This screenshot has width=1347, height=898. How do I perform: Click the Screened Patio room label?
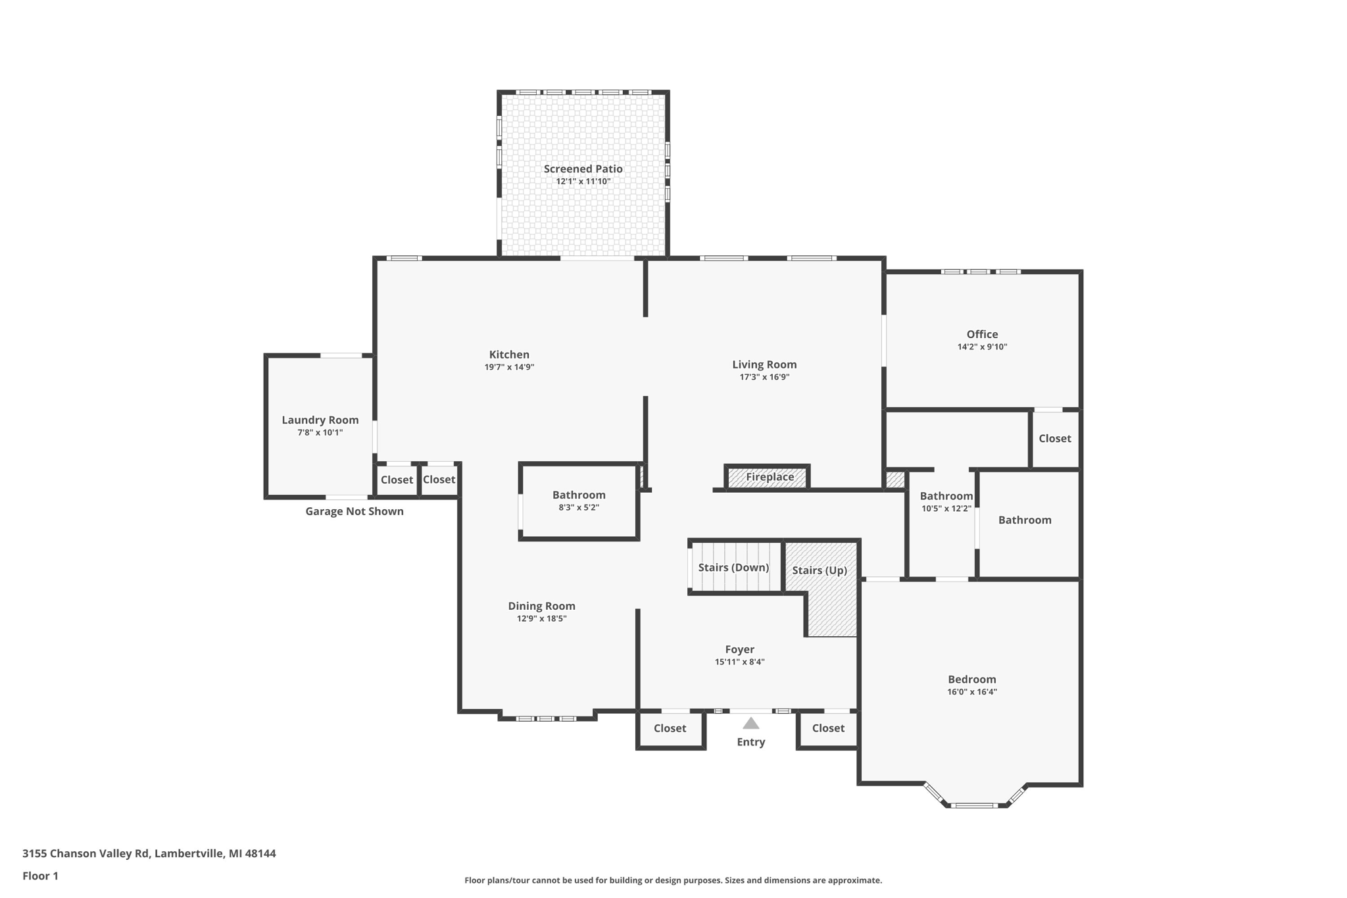click(x=583, y=169)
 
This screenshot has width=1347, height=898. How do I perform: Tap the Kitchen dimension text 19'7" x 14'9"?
click(x=509, y=367)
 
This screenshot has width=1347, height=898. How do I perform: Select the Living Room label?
click(x=764, y=364)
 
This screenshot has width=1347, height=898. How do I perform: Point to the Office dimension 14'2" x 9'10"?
click(x=982, y=347)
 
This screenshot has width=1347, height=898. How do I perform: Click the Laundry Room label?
click(x=320, y=420)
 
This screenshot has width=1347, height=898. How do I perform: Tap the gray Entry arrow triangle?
click(x=750, y=724)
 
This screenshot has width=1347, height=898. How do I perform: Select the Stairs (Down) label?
click(x=733, y=567)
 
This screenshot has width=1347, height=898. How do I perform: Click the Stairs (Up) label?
click(x=819, y=570)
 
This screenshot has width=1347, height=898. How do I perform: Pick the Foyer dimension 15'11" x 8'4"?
click(x=739, y=662)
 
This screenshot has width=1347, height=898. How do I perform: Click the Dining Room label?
click(x=541, y=606)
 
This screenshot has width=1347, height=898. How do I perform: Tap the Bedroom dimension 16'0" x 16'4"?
click(x=971, y=691)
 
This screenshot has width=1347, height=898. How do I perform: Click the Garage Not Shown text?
click(x=354, y=511)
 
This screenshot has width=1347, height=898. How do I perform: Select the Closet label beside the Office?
click(x=1054, y=438)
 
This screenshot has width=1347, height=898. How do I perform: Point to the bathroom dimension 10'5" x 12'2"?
click(x=946, y=508)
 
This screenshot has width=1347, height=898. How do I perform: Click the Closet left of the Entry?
click(x=670, y=728)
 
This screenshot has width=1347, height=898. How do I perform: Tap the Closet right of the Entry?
click(x=827, y=728)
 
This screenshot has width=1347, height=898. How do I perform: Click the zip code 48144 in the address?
click(x=260, y=853)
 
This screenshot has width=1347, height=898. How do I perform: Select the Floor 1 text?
click(x=40, y=876)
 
